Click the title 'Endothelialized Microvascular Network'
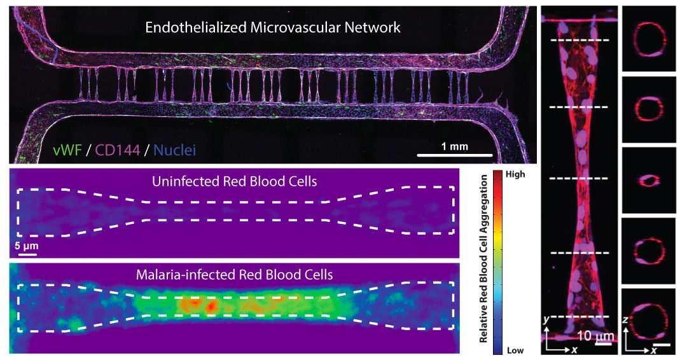coord(272,28)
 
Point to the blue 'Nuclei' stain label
coord(174,151)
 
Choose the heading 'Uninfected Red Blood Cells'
coord(234,181)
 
